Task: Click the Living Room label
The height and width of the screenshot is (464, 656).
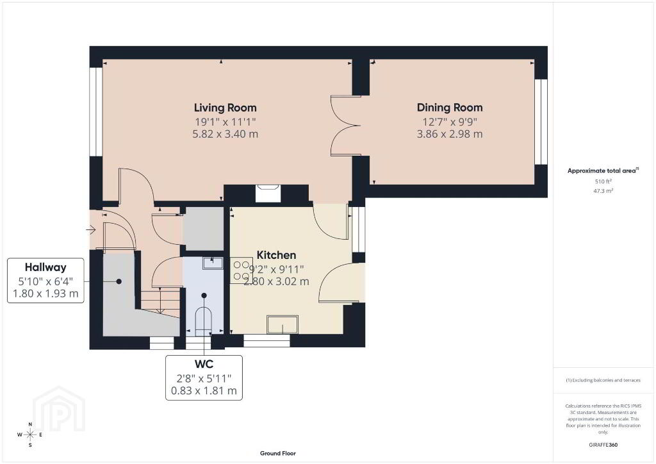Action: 225,108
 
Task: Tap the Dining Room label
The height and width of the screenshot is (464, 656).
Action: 450,108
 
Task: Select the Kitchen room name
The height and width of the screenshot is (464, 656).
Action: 276,255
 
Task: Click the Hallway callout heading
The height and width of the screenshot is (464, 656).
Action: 45,267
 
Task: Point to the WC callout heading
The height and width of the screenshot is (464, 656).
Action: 204,364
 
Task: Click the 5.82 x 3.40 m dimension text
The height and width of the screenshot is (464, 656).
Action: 225,135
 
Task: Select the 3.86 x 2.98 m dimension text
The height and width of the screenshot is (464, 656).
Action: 450,135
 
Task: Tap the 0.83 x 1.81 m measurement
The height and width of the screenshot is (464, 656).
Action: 204,391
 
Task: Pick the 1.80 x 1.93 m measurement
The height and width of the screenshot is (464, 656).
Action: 45,294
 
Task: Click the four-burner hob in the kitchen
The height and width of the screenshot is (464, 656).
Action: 242,270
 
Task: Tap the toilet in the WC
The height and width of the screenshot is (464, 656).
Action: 204,321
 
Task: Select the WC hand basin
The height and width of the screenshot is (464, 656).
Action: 213,263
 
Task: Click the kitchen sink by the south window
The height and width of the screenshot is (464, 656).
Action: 283,325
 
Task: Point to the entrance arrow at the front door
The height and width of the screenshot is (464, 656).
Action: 91,229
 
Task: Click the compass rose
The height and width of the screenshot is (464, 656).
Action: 30,435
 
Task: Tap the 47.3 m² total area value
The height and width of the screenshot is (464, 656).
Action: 603,191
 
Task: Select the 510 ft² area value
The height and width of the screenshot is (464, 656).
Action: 603,181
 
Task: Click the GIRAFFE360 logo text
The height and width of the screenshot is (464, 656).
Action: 603,445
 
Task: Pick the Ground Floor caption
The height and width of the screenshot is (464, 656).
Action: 278,453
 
